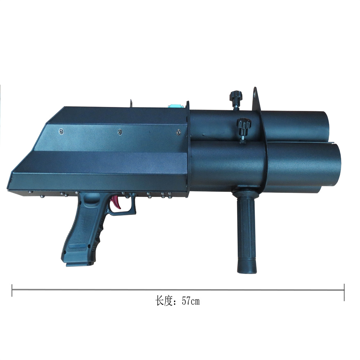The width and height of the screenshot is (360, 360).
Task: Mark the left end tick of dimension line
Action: pos(12,290)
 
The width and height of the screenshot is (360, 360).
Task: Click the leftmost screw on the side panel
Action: pos(61,131)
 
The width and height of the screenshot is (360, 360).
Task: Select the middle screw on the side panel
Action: pos(120,132)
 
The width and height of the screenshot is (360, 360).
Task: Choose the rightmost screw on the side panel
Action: pos(178,133)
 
